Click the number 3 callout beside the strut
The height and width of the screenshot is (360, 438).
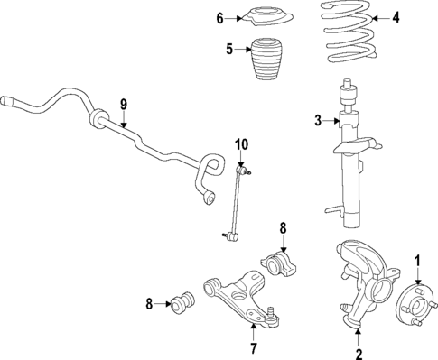[x=318, y=121]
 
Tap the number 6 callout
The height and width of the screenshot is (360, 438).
[x=219, y=17]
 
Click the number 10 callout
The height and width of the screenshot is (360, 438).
[x=240, y=143]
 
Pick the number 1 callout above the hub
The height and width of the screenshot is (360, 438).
[x=417, y=261]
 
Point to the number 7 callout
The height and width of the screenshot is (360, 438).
[x=253, y=347]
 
